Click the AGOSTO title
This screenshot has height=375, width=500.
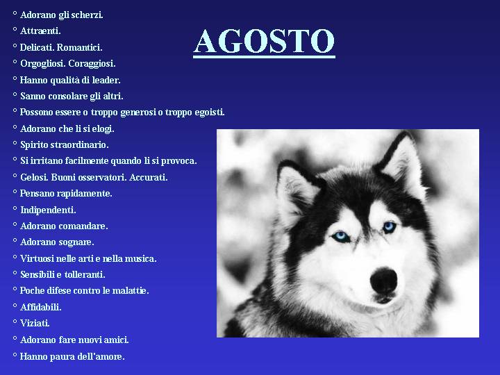click(x=264, y=42)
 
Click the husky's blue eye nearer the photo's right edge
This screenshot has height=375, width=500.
click(x=390, y=227)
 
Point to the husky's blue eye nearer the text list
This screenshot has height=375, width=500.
click(x=341, y=237)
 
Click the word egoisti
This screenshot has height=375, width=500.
click(x=210, y=112)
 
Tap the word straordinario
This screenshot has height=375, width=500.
click(x=81, y=144)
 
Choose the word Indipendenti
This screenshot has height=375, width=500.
click(x=48, y=210)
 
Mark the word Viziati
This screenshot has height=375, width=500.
click(x=35, y=324)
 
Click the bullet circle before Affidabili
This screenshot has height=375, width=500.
click(x=15, y=305)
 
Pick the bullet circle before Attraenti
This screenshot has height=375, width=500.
click(x=15, y=29)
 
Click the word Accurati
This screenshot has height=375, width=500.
click(x=149, y=177)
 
